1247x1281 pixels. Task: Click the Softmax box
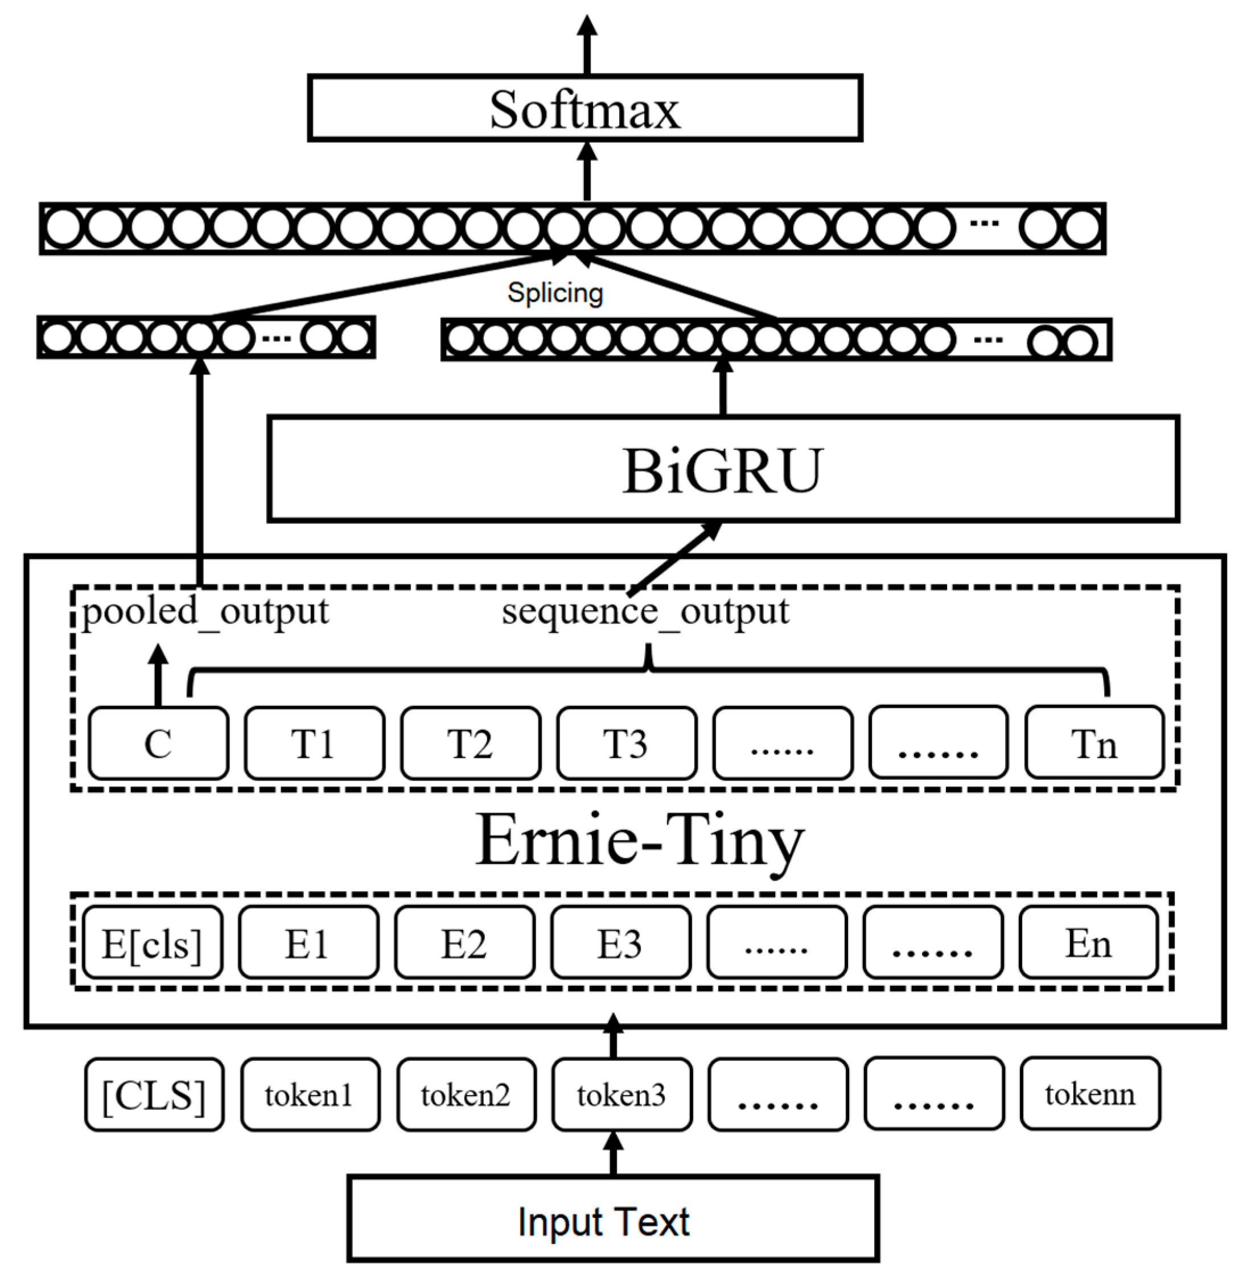click(x=585, y=109)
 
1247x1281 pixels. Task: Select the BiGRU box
click(x=723, y=469)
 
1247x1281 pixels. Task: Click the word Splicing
click(x=555, y=292)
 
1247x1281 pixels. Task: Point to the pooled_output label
click(x=205, y=612)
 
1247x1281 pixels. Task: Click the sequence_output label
click(x=645, y=612)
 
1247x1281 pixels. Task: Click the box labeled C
click(x=158, y=743)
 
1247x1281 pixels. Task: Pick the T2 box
click(x=470, y=743)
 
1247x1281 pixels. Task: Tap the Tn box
click(x=1094, y=743)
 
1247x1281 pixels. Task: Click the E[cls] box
click(x=153, y=943)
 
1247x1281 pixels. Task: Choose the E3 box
click(x=620, y=943)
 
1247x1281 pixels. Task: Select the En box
click(x=1088, y=943)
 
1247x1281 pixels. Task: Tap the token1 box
click(x=310, y=1095)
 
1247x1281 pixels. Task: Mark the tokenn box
click(x=1090, y=1095)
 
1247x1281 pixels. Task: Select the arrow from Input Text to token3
click(x=613, y=1154)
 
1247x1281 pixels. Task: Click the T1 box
click(x=314, y=743)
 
